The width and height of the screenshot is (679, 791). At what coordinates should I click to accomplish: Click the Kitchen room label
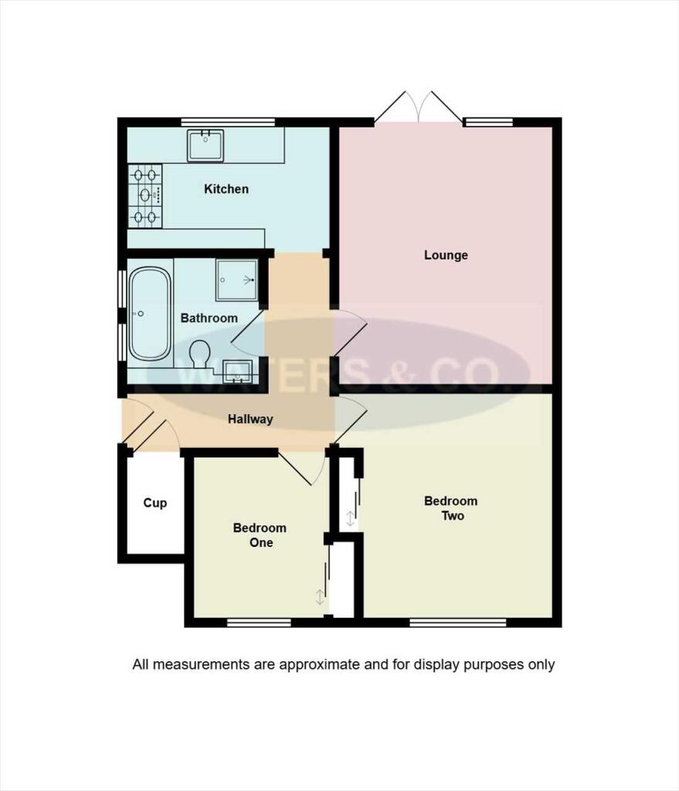click(x=226, y=188)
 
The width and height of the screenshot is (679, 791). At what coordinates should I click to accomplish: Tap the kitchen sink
click(x=205, y=146)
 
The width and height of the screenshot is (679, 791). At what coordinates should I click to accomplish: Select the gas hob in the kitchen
click(x=146, y=195)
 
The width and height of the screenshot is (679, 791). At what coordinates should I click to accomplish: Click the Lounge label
click(x=446, y=255)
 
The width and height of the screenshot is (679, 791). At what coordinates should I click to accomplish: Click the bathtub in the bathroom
click(x=149, y=314)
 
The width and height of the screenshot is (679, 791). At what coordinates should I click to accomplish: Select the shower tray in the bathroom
click(x=237, y=279)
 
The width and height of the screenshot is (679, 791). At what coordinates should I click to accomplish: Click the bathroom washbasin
click(x=236, y=372)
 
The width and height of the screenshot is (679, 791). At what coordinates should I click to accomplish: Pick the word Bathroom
click(x=209, y=317)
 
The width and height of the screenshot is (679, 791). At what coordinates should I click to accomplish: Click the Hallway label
click(x=250, y=419)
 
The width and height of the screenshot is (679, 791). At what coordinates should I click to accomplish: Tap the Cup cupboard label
click(x=155, y=503)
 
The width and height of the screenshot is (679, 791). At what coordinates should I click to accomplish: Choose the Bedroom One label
click(x=260, y=535)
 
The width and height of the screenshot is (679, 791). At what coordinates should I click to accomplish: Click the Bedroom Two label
click(x=451, y=508)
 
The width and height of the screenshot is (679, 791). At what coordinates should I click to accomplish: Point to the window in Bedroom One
click(x=259, y=622)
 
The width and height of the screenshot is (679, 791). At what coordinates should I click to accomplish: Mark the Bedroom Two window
click(x=457, y=622)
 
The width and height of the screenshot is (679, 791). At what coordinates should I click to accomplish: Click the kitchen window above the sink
click(x=228, y=122)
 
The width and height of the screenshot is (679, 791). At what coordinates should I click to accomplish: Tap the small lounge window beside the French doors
click(x=488, y=122)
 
